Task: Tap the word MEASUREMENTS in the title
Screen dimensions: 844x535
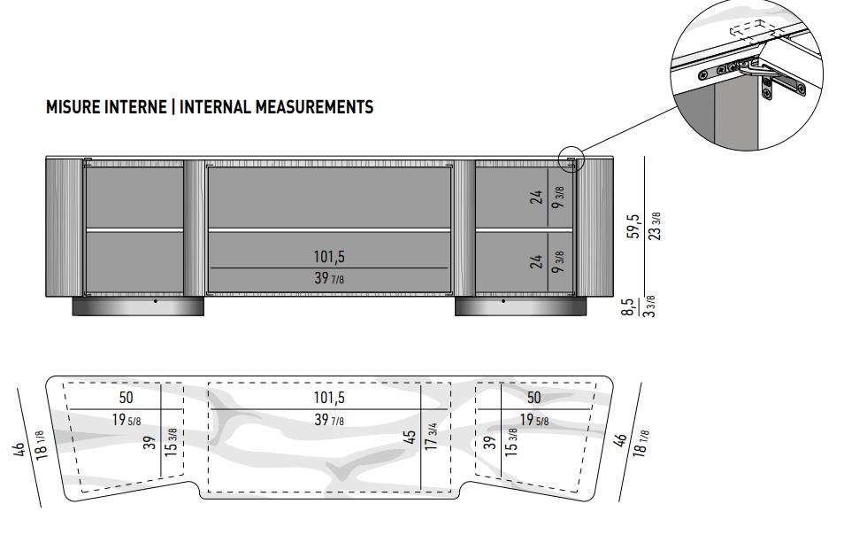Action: coord(314,106)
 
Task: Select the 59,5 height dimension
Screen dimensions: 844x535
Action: coord(634,226)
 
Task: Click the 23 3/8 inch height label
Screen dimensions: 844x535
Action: coord(655,226)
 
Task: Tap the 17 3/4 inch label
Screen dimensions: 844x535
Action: coord(431,437)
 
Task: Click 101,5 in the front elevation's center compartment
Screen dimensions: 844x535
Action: coord(329,257)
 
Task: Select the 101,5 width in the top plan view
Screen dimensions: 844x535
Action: coord(329,398)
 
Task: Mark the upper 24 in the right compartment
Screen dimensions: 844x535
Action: coord(537,198)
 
